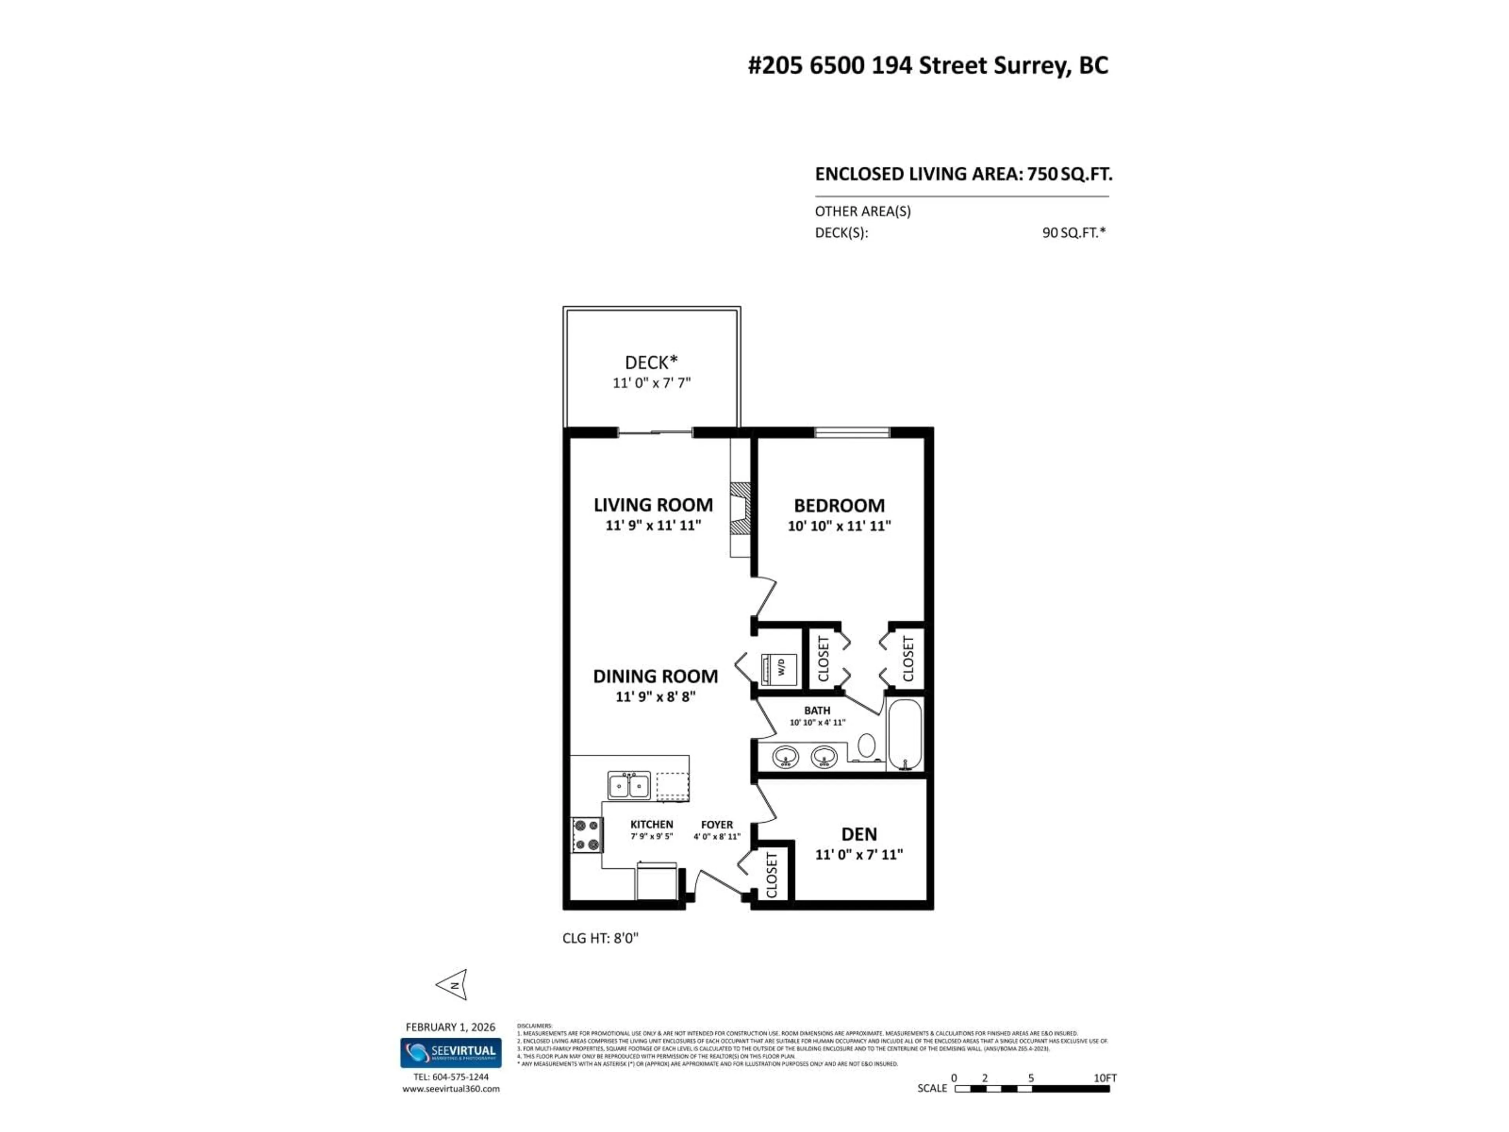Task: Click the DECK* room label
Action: point(651,362)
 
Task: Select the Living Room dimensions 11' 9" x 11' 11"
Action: point(653,526)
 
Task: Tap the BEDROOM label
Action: point(839,505)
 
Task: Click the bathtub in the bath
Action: point(905,733)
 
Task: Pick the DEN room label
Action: point(859,834)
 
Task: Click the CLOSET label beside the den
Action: point(771,875)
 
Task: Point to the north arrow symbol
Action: point(453,985)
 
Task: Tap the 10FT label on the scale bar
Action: point(1105,1078)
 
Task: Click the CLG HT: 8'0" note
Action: point(600,938)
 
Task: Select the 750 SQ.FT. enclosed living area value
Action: point(1070,174)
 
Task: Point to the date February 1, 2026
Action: point(450,1027)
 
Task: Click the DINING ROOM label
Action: point(655,676)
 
